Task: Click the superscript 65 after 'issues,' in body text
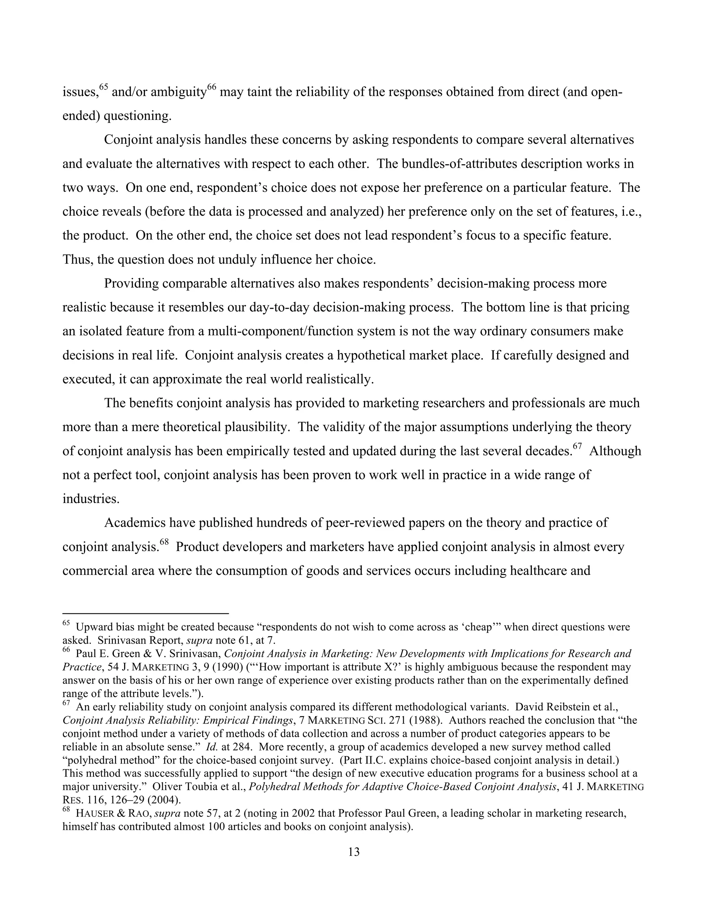coord(104,87)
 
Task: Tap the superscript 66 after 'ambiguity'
coord(212,87)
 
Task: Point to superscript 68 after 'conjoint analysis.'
coord(164,542)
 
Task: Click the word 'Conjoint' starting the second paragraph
coord(128,140)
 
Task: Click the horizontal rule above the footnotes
coord(145,613)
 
